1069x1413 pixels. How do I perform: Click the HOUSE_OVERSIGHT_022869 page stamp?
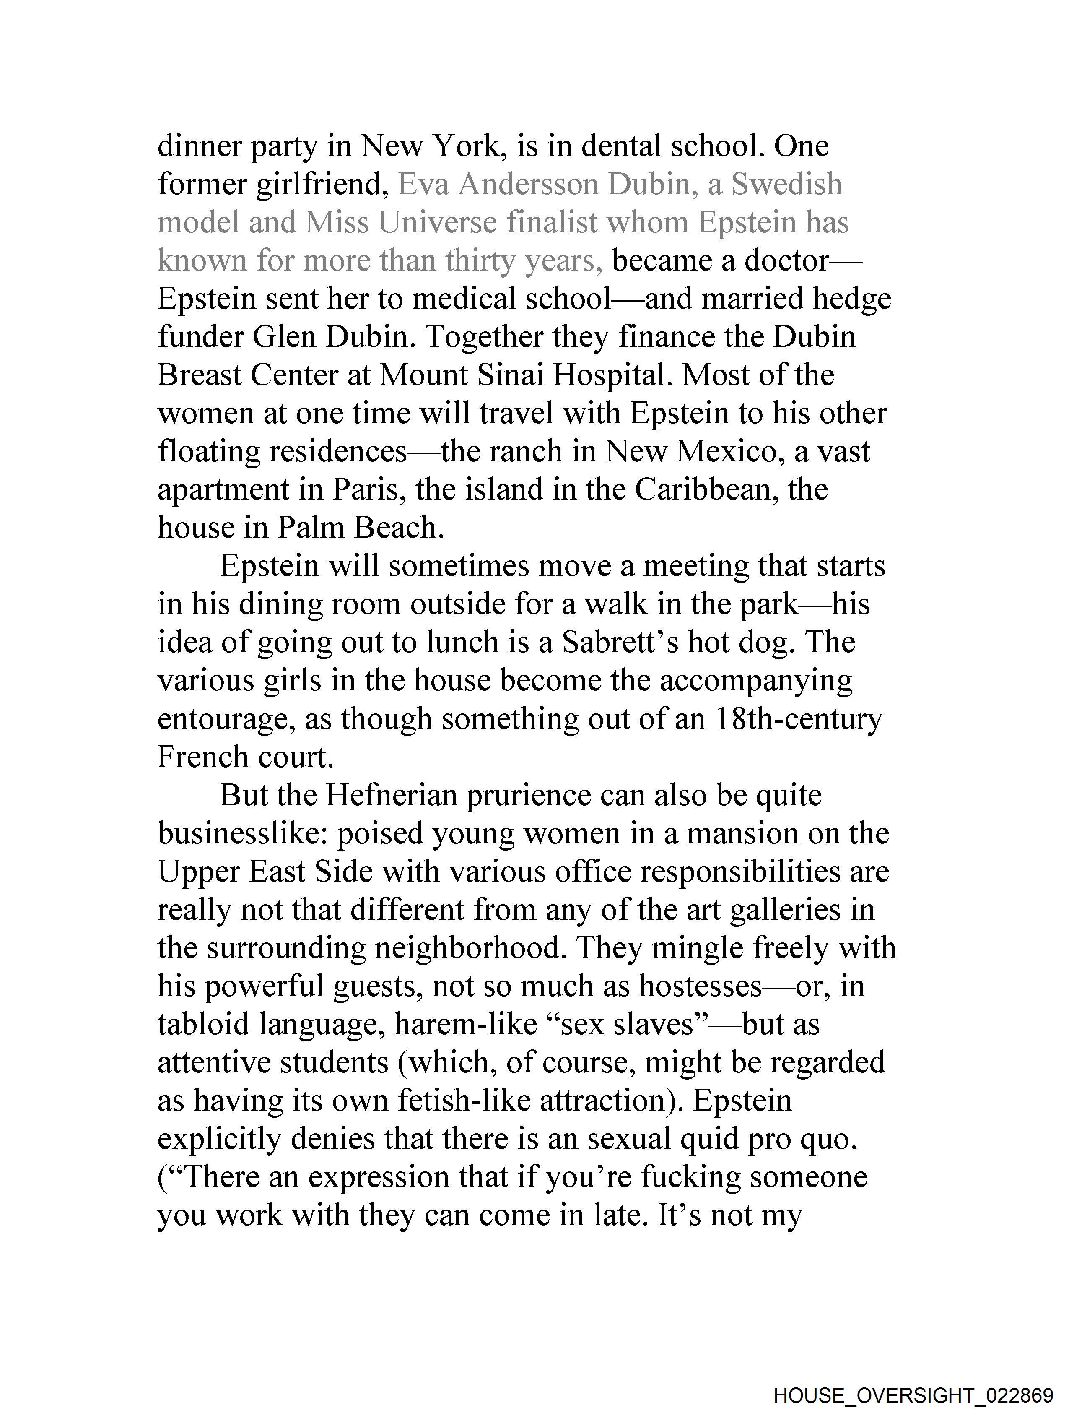(913, 1395)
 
